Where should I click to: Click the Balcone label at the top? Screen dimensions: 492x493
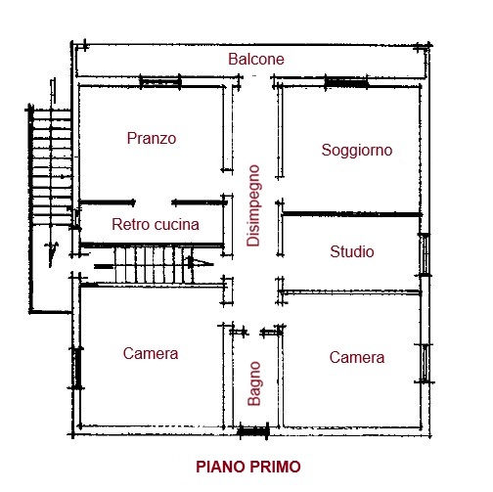(256, 60)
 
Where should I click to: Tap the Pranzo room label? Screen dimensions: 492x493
(152, 139)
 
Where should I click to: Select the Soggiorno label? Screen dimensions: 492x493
(357, 151)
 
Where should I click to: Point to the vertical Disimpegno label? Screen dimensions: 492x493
(253, 204)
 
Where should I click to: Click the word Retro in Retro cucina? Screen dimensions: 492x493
(131, 225)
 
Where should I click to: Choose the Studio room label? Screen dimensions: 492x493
(352, 252)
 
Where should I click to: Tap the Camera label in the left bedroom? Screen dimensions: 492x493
(151, 354)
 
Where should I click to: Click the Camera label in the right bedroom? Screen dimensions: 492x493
(357, 358)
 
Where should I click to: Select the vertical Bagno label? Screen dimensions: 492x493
(254, 383)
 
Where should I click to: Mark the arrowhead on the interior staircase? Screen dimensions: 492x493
(202, 263)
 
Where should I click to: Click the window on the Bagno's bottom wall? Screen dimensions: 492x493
(253, 429)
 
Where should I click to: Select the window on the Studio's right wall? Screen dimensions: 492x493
(424, 255)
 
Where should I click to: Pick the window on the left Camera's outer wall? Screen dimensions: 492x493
(75, 368)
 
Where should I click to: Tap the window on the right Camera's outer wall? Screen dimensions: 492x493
(424, 362)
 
